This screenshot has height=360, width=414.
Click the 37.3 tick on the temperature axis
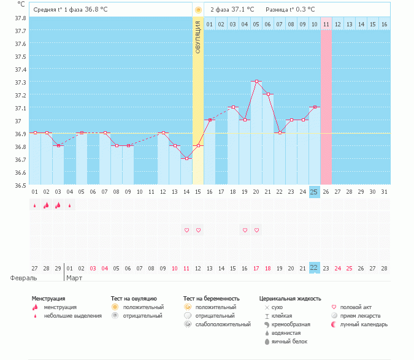point(20,82)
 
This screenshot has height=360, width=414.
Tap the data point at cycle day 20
point(256,81)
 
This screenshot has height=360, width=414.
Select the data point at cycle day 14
point(186,158)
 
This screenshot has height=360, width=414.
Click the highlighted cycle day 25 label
point(314,192)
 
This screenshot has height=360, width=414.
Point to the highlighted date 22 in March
point(314,268)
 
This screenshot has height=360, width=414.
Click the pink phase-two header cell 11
point(326,24)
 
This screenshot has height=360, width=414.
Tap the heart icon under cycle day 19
point(245,230)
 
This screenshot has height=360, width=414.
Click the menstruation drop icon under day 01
point(35,205)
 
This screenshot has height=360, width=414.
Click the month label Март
point(74,278)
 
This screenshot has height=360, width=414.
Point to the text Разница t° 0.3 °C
point(290,10)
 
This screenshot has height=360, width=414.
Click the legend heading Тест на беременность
point(211,298)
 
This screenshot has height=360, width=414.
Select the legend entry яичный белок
point(290,341)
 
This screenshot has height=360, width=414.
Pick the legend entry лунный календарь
point(364,324)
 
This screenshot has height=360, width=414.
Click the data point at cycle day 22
point(280,132)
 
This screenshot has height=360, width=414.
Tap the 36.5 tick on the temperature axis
point(20,185)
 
